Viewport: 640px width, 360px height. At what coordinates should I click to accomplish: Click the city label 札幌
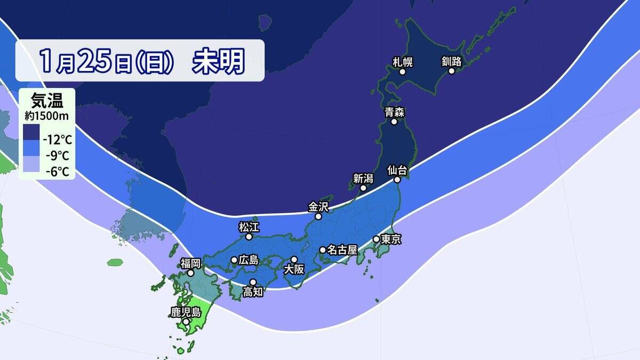coord(403,61)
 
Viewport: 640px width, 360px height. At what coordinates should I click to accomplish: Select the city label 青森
coord(394,112)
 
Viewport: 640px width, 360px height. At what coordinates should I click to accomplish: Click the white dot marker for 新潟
coord(363,188)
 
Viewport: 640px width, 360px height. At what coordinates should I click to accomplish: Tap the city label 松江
coord(248,226)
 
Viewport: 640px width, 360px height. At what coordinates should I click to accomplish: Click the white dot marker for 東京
coord(377,239)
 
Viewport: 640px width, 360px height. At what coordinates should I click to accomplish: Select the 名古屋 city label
coord(342,250)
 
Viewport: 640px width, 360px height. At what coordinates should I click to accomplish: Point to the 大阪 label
coord(294,269)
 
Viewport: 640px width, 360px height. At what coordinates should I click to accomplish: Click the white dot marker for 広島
coord(234,260)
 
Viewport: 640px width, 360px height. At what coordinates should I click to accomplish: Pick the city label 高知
coord(253,292)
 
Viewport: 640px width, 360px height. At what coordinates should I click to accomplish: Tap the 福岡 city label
coord(190,262)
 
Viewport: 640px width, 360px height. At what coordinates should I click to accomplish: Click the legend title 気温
coord(47,100)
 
